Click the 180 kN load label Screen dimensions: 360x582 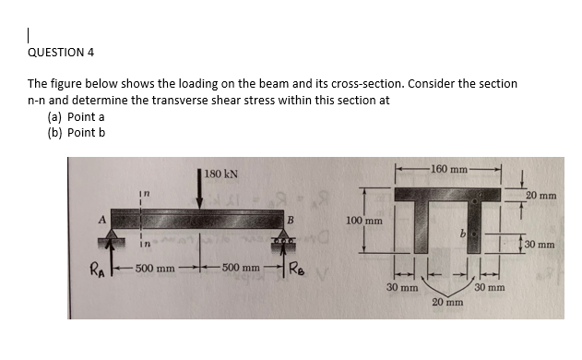click(221, 174)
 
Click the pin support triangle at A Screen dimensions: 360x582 click(112, 237)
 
